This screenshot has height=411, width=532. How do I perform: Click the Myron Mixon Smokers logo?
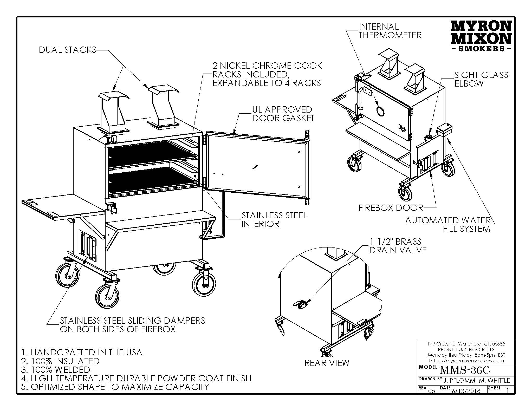click(x=481, y=36)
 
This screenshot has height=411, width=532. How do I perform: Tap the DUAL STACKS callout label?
click(x=67, y=50)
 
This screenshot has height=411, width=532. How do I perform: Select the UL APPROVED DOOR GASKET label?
click(x=283, y=114)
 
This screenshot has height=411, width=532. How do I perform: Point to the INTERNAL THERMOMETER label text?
click(x=390, y=31)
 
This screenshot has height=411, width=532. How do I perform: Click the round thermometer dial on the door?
click(x=380, y=111)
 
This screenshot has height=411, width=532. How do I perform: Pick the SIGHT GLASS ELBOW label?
click(x=481, y=79)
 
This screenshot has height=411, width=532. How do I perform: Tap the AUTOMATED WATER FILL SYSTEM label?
click(x=447, y=225)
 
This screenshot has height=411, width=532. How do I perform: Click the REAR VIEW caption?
click(x=327, y=363)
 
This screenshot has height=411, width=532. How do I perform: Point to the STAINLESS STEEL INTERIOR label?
click(x=274, y=220)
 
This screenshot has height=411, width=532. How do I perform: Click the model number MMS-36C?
click(x=464, y=370)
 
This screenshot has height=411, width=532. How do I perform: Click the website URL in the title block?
click(x=466, y=361)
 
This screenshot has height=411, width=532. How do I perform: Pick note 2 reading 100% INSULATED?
click(x=60, y=361)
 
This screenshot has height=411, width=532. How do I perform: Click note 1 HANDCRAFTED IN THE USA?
click(x=82, y=353)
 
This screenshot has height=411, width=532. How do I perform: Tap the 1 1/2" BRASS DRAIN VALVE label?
click(x=398, y=246)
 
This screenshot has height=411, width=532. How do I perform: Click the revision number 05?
click(x=431, y=391)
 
